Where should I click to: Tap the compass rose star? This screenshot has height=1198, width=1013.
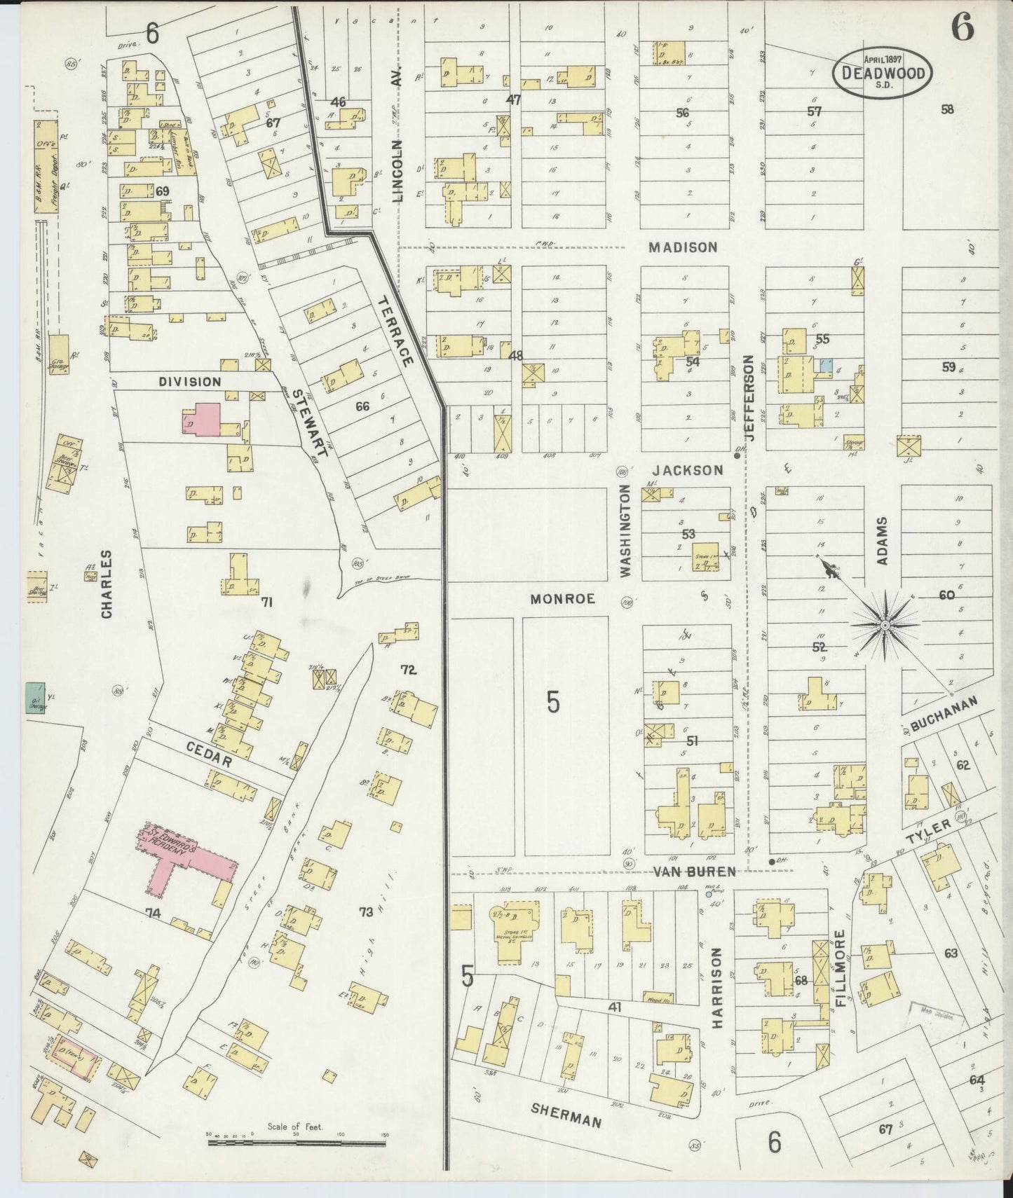[x=885, y=624]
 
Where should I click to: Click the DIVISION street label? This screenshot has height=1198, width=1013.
[x=189, y=382]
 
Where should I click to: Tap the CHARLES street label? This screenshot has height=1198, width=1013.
[x=107, y=583]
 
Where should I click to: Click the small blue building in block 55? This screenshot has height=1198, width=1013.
[x=827, y=366]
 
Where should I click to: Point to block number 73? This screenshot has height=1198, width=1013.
[x=366, y=911]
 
